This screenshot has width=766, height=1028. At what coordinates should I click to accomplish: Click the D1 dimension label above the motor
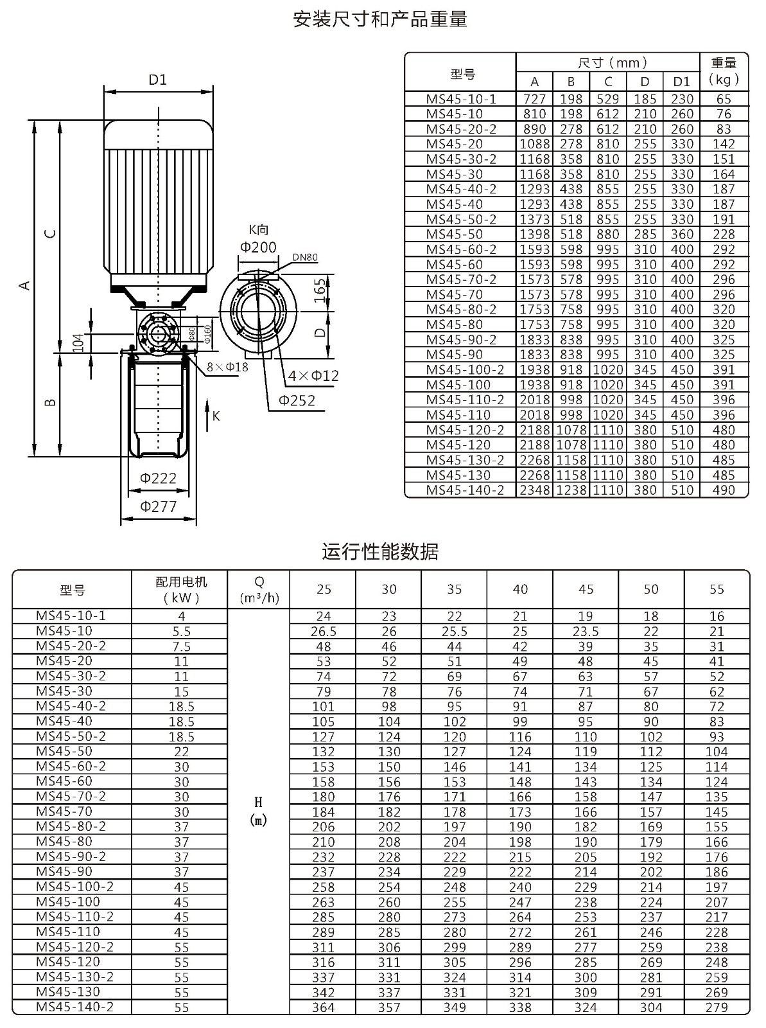[158, 80]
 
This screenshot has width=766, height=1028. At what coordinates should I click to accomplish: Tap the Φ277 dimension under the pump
[158, 506]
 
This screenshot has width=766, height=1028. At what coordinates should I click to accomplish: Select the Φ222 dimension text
[158, 478]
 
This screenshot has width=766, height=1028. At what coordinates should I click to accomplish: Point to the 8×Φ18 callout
[227, 367]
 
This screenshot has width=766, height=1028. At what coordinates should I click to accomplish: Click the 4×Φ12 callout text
[313, 376]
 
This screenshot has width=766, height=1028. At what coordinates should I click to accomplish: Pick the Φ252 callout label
[297, 400]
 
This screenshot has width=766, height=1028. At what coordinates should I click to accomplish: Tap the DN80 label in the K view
[304, 257]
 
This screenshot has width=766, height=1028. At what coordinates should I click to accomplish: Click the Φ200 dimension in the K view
[258, 247]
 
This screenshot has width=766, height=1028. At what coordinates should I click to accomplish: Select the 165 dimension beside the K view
[320, 290]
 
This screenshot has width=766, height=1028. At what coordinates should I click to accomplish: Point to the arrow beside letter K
[207, 415]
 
